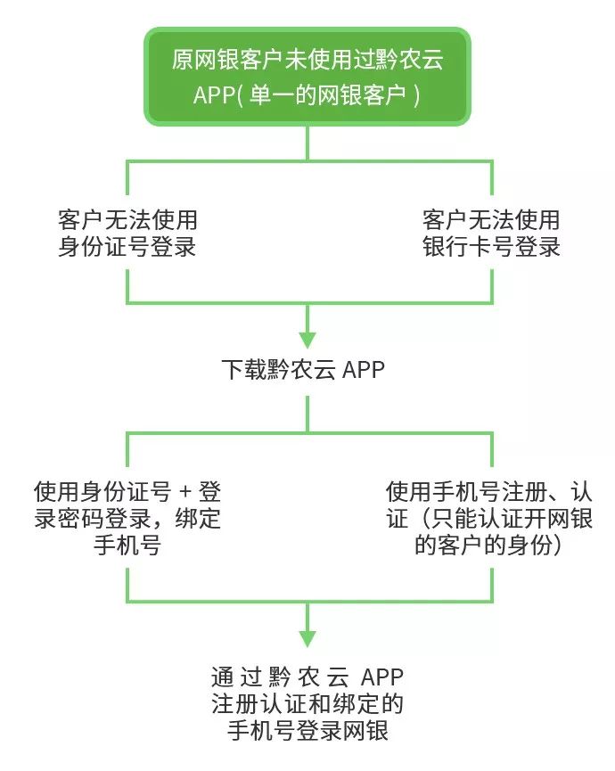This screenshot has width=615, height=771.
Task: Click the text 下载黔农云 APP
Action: tap(303, 369)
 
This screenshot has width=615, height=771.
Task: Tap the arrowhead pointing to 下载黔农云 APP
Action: tap(307, 339)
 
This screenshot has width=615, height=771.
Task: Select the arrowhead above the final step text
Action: tap(307, 637)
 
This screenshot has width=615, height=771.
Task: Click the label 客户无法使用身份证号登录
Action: tap(127, 234)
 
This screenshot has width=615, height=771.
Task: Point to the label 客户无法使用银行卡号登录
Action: tap(491, 234)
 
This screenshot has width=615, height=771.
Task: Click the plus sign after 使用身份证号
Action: tap(185, 491)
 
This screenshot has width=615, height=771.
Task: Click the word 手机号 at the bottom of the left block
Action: tap(127, 545)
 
